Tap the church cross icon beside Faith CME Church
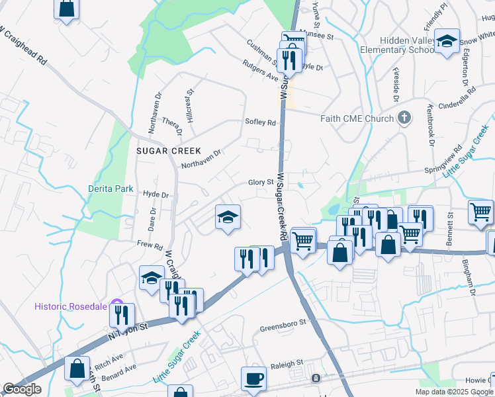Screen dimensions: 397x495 click(404, 118)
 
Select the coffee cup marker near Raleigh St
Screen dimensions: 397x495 click(253, 379)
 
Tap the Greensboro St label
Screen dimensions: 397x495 click(284, 324)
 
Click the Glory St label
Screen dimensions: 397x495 click(261, 182)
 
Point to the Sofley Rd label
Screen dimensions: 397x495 click(259, 122)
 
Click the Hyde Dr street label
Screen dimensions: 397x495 click(156, 195)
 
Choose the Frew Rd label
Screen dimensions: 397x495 click(150, 245)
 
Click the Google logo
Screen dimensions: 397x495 click(22, 389)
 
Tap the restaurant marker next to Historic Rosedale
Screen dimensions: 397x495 click(122, 315)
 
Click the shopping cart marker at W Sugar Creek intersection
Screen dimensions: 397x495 click(303, 240)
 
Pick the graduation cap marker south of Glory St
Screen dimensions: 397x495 click(227, 218)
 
